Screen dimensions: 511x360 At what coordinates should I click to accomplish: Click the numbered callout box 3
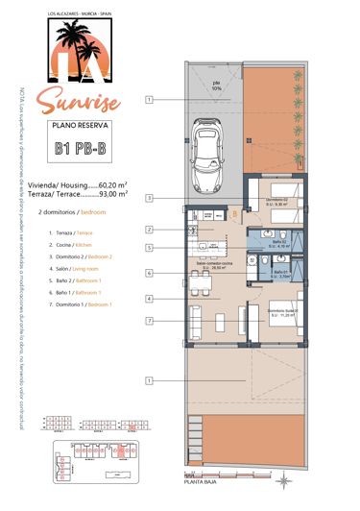click(150, 199)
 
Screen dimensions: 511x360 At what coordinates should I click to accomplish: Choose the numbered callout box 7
click(150, 319)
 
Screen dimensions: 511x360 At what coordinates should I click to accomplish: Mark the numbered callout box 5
click(150, 249)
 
